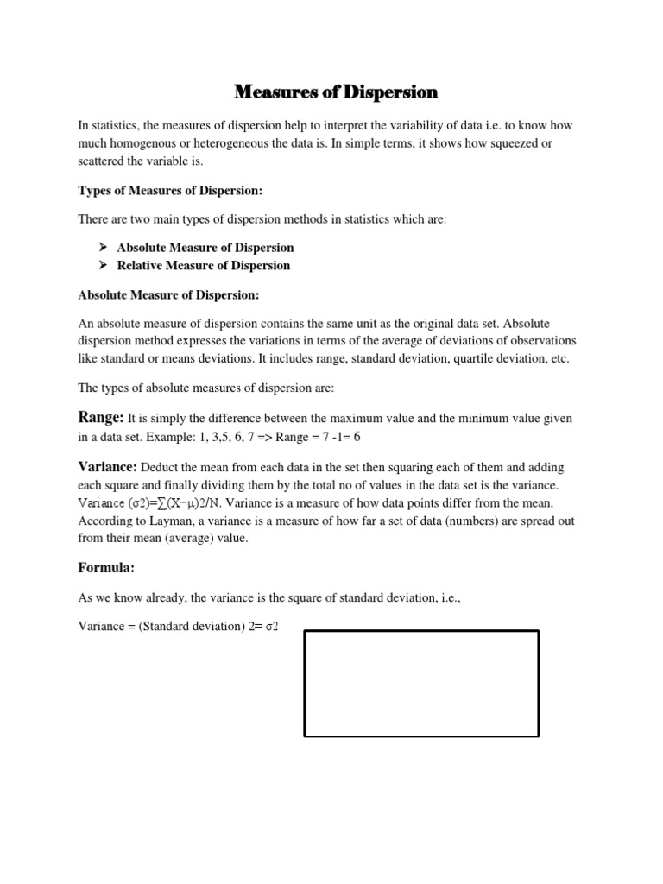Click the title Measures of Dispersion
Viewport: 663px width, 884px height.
pyautogui.click(x=337, y=92)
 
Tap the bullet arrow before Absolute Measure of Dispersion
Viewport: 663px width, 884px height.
pyautogui.click(x=104, y=248)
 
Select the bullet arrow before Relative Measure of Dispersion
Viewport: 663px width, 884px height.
pyautogui.click(x=104, y=266)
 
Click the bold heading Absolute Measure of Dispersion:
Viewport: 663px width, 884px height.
pyautogui.click(x=168, y=294)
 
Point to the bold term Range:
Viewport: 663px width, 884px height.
pyautogui.click(x=101, y=417)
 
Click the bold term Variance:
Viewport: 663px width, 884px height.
pyautogui.click(x=107, y=466)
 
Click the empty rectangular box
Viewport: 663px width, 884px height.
pyautogui.click(x=421, y=683)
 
